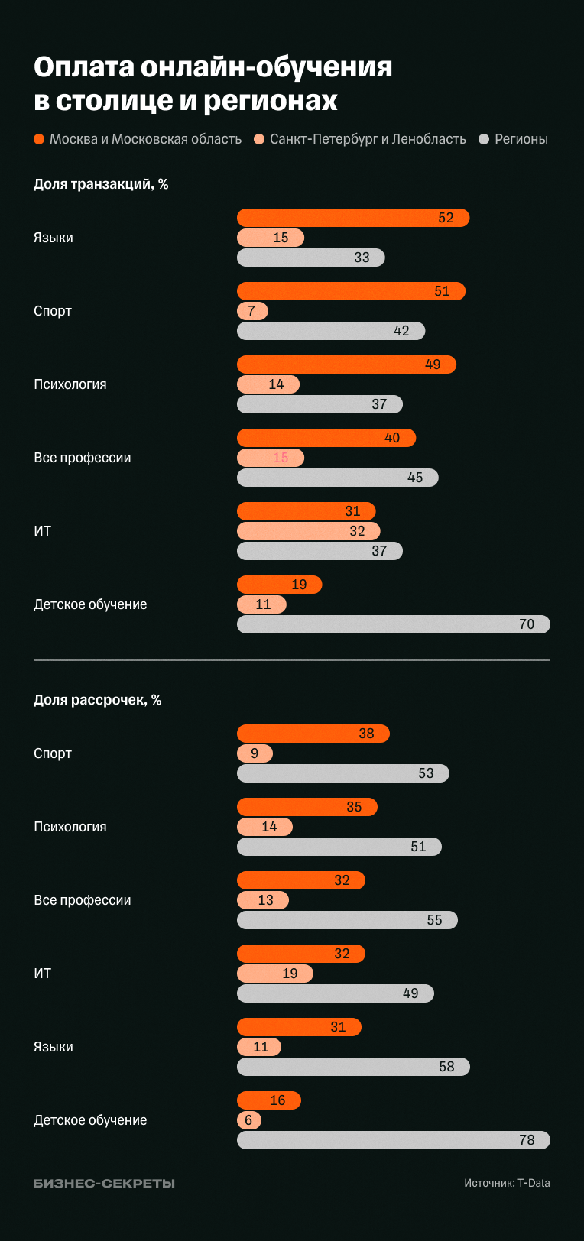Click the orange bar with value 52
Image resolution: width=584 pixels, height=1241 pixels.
pos(352,218)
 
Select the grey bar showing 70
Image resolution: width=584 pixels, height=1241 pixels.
pos(393,624)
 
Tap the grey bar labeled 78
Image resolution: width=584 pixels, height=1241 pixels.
pos(393,1140)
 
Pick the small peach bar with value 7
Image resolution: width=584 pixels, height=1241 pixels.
pos(252,311)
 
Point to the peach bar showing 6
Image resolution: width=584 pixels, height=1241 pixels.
pos(249,1120)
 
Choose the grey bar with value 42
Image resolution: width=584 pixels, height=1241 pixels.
pos(330,331)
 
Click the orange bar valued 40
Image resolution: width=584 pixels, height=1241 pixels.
pos(326,438)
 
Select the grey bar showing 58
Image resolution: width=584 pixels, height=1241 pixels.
pos(353,1067)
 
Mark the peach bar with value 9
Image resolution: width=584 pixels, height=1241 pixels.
pos(255,753)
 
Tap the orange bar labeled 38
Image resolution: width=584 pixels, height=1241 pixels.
pos(313,734)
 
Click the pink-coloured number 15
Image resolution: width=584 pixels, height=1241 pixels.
pos(281,458)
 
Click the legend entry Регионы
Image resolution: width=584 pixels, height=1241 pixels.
pos(514,139)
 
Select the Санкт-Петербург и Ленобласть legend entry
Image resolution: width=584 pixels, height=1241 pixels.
pos(360,139)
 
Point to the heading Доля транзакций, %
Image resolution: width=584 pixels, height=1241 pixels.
pos(101,184)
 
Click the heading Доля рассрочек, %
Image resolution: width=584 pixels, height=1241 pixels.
pos(97,700)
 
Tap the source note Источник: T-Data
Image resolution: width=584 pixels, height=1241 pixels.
pos(507,1183)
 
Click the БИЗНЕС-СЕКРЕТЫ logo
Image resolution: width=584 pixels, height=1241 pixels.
pos(104,1183)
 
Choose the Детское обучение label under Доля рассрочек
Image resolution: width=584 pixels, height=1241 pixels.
pos(90,1120)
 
